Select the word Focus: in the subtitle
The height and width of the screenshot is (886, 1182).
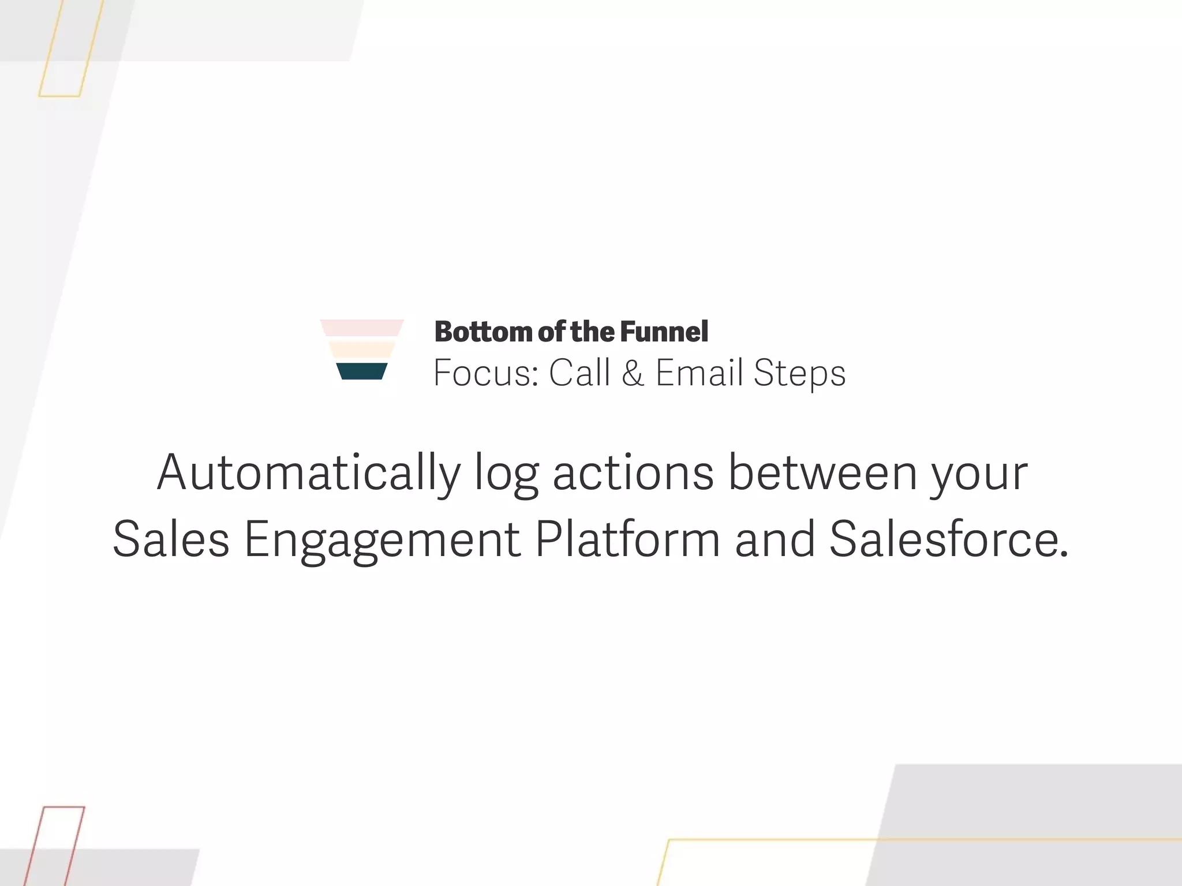(x=485, y=373)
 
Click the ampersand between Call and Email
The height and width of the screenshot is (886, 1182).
(x=633, y=373)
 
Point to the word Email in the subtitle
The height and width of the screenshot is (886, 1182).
(x=699, y=373)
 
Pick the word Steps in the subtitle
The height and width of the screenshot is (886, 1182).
(x=799, y=374)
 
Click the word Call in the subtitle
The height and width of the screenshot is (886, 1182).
(x=579, y=373)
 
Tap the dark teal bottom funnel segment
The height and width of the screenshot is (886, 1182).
(x=362, y=371)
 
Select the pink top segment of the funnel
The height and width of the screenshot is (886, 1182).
(x=362, y=328)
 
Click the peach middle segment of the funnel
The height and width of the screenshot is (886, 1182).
(x=362, y=350)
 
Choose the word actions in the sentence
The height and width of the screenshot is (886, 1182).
(x=633, y=473)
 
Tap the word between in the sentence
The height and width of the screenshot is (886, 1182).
(x=822, y=473)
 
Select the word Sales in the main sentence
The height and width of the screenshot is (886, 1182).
(x=171, y=539)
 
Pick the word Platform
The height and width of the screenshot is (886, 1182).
(x=627, y=539)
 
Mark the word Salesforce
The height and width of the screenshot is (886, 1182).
(x=949, y=539)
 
